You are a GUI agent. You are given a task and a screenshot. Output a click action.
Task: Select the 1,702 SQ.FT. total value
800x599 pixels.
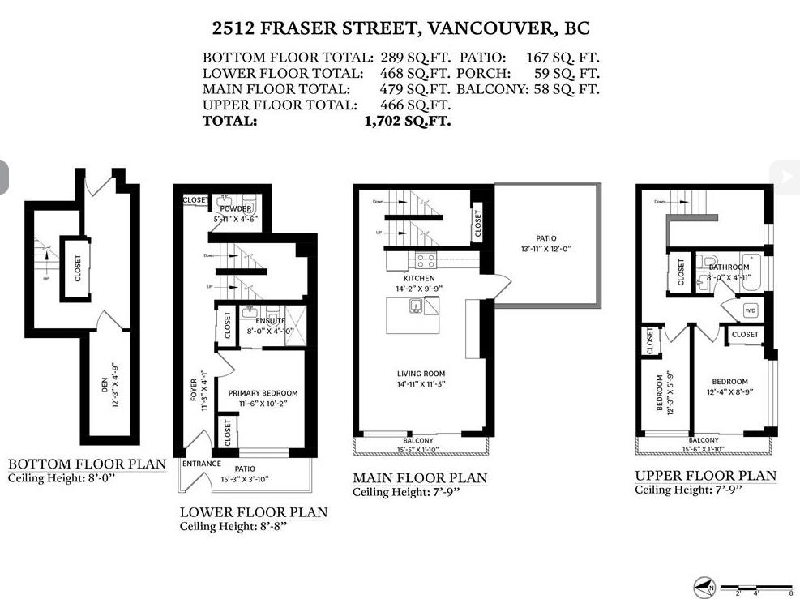(x=408, y=122)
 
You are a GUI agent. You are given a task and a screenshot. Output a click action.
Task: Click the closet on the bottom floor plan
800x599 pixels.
(x=78, y=268)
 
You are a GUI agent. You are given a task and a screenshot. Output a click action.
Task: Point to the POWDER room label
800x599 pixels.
(x=236, y=208)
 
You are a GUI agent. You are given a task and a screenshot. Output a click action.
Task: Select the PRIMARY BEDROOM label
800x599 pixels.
(x=263, y=393)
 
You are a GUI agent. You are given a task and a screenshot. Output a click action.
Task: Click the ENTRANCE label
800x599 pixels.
(x=202, y=464)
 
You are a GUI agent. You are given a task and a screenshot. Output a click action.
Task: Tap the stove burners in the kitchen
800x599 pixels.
(x=426, y=261)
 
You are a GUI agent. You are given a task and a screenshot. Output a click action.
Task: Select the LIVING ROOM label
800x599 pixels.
(x=421, y=374)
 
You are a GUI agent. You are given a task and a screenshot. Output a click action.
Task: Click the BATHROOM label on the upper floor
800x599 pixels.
(x=728, y=266)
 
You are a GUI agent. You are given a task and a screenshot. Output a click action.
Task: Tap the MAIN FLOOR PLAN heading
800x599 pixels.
(x=420, y=477)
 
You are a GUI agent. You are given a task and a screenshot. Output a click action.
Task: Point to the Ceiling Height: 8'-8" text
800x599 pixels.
(x=233, y=526)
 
